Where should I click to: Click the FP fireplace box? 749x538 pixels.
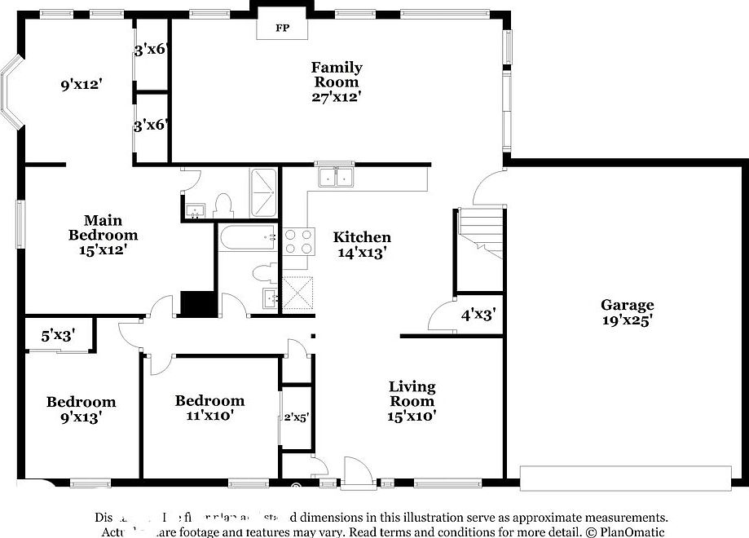point(282,28)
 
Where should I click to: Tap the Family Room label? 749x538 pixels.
point(336,74)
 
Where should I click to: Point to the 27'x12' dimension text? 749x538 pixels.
point(336,96)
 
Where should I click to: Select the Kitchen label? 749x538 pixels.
point(362,237)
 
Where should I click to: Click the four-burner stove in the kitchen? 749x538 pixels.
point(297,241)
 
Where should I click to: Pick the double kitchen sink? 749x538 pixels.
point(336,176)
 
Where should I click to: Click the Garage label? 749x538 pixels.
point(627,305)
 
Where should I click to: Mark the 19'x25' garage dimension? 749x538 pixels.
point(627,320)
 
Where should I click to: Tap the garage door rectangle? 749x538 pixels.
point(625,478)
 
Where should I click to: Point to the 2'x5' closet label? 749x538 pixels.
point(296,417)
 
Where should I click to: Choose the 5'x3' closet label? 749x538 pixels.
point(59,334)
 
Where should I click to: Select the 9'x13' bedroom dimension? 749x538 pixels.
point(80,417)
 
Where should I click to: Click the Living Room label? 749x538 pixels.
point(412,394)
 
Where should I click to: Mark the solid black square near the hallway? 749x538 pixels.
point(196,303)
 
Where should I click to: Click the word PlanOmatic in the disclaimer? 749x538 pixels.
point(630,531)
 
